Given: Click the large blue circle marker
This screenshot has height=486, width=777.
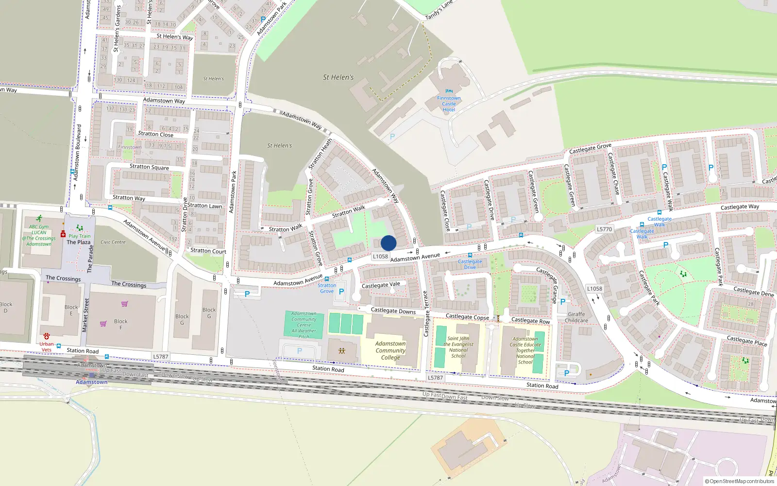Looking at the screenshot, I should click(x=388, y=243).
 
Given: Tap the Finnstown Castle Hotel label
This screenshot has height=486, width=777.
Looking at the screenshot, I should click(x=449, y=104).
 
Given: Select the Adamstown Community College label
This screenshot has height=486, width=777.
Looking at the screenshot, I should click(x=390, y=350).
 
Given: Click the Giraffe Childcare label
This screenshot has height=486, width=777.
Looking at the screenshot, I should click(x=576, y=317).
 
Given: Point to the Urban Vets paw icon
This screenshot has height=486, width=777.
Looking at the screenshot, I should click(x=47, y=336).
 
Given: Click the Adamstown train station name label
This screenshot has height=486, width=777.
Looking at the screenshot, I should click(x=91, y=382).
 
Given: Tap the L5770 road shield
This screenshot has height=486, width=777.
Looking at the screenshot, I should click(x=604, y=229).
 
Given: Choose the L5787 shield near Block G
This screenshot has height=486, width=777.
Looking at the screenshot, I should click(x=161, y=357).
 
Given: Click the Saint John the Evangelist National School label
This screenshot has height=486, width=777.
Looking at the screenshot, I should click(x=458, y=347).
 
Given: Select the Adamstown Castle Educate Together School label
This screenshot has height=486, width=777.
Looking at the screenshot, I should click(x=525, y=350).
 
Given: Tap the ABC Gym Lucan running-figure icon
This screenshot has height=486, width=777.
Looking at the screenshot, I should click(x=39, y=219).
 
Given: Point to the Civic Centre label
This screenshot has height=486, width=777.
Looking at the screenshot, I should click(x=113, y=242).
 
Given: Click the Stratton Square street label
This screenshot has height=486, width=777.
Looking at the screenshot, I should click(x=149, y=167).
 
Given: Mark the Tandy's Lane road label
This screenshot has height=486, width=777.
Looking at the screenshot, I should click(x=439, y=10).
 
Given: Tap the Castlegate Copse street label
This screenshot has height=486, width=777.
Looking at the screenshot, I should click(x=467, y=317).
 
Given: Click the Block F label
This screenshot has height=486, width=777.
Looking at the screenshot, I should click(x=121, y=324).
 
